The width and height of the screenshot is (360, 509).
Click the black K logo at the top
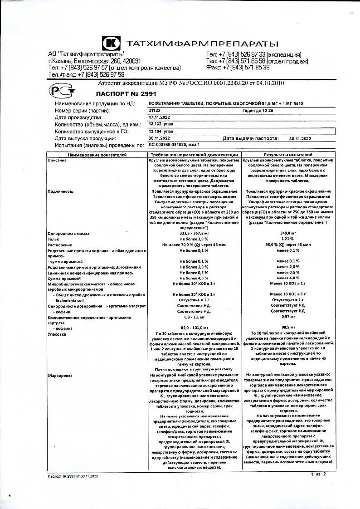point(111,44)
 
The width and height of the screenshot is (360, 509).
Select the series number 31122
point(155,110)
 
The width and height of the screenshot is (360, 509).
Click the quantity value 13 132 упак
point(162,124)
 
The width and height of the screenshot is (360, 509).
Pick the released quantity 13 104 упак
point(162,131)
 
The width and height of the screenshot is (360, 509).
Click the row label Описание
point(57,161)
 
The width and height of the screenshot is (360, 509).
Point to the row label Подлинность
point(61,191)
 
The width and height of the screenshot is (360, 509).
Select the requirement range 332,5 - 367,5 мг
point(194,233)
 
